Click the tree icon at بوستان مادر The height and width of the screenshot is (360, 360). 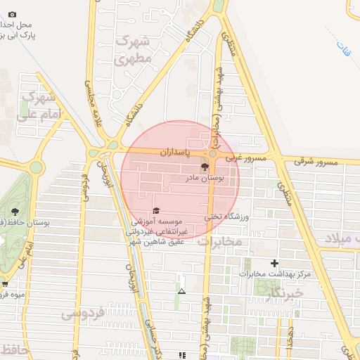click(x=205, y=167)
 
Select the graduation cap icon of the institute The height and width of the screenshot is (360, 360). click(x=156, y=210)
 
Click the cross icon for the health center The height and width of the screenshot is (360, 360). click(x=274, y=263)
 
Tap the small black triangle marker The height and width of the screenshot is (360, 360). click(x=182, y=290)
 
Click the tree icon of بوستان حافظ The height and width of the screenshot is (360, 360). click(x=15, y=210)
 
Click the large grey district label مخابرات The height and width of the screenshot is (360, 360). click(x=219, y=241)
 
